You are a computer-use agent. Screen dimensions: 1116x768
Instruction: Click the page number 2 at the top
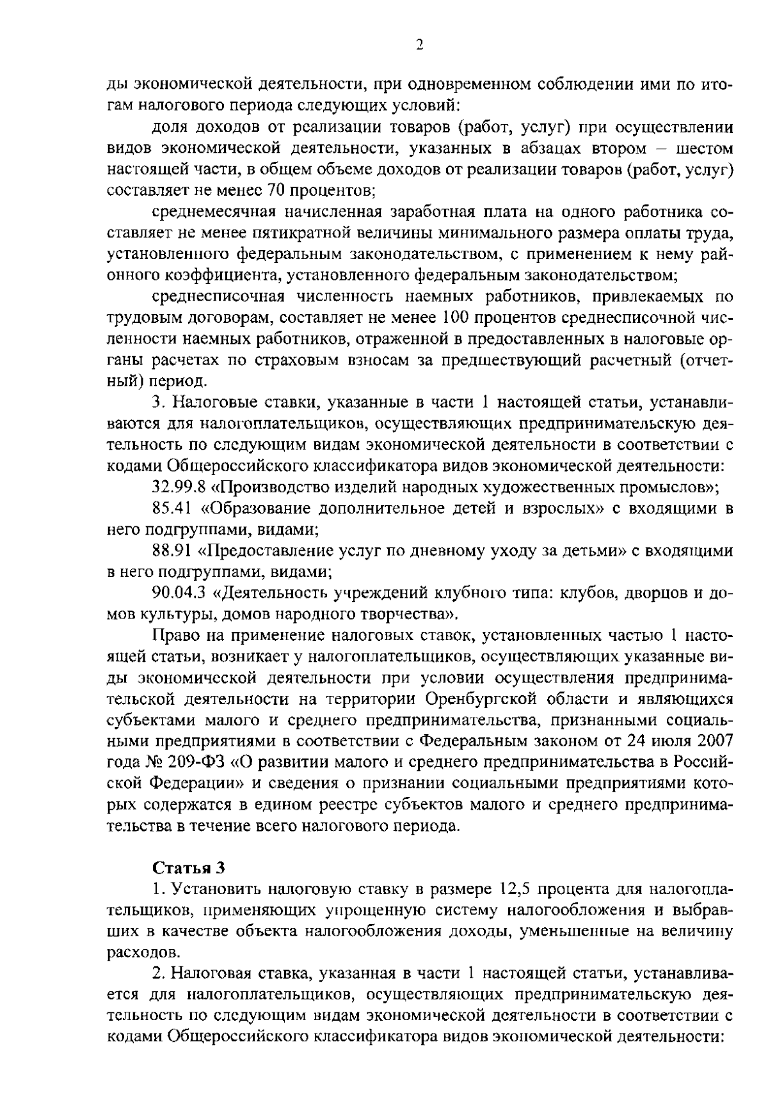pyautogui.click(x=420, y=44)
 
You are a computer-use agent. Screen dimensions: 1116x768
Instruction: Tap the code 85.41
pyautogui.click(x=173, y=508)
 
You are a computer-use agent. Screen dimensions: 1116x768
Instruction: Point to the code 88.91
pyautogui.click(x=173, y=551)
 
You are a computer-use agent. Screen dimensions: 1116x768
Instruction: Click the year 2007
pyautogui.click(x=714, y=741)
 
